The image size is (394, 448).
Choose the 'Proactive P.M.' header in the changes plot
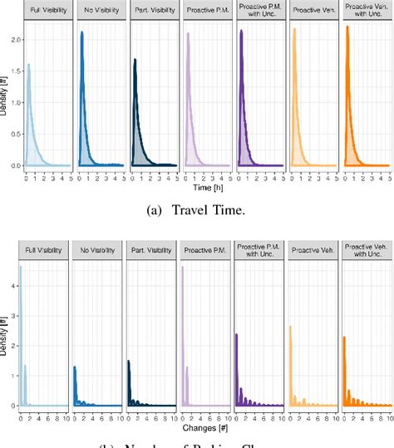202,249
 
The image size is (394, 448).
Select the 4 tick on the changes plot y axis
13,284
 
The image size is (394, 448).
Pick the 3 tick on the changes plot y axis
13,315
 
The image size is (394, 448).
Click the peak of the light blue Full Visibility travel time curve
28,65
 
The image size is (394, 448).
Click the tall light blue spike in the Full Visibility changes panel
21,268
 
